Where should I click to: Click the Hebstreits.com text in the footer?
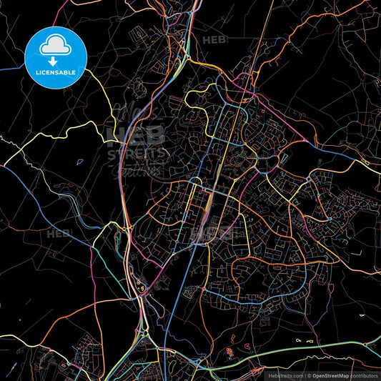[284, 374]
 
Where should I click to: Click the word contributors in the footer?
[365, 374]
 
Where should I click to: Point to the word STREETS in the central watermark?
[135, 152]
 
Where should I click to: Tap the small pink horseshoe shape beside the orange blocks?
[247, 346]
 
